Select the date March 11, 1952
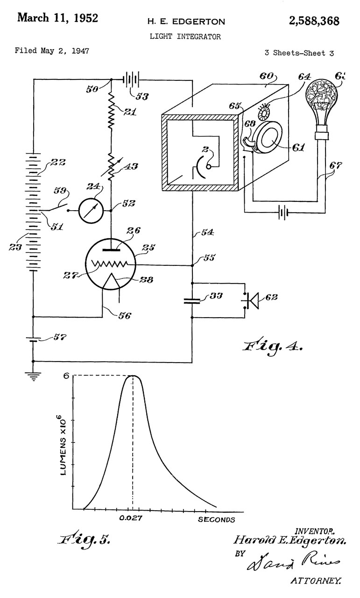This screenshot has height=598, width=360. [x=57, y=18]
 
